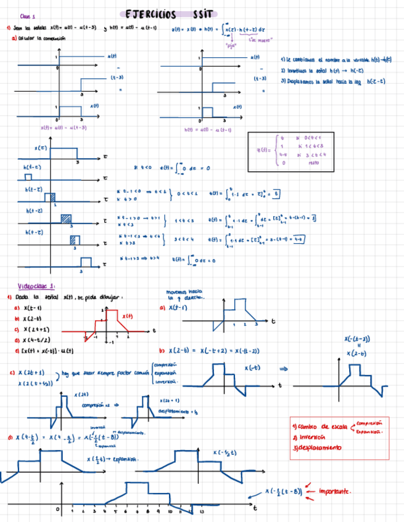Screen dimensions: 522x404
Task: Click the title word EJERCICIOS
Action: point(150,15)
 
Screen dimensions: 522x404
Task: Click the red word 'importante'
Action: point(336,491)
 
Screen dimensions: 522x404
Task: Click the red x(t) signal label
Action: point(128,316)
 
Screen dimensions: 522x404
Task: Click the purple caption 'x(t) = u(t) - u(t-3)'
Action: point(64,128)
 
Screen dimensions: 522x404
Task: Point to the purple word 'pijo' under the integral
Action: point(232,45)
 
